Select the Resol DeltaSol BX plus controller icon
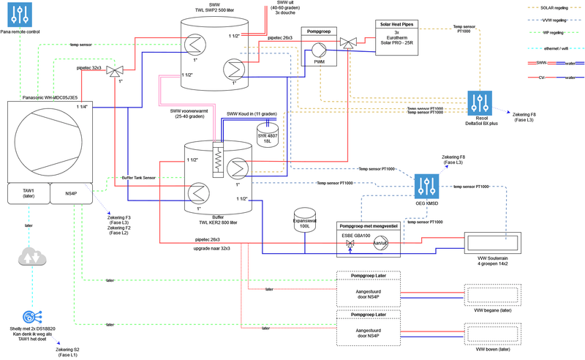(481, 102)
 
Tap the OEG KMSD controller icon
(425, 185)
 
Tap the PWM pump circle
(319, 49)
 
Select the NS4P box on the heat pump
(72, 193)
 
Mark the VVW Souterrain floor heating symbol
(493, 242)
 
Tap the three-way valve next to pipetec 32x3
(113, 70)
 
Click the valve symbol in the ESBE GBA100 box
(350, 242)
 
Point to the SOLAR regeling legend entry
(556, 7)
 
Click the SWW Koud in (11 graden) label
(252, 113)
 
